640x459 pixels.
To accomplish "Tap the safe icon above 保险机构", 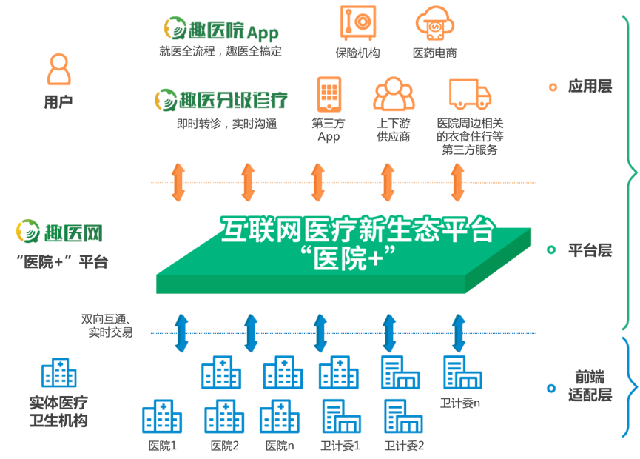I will tap(357, 22).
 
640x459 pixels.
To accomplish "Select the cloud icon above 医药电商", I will tap(434, 24).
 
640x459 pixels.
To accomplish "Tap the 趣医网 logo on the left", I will tap(59, 233).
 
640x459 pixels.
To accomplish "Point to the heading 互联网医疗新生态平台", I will tap(357, 230).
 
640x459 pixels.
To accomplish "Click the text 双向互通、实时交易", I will tap(107, 326).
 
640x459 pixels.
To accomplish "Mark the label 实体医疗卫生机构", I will tap(58, 412).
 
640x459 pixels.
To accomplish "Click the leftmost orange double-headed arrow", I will tap(178, 182).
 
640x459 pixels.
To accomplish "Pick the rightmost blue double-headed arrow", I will tap(459, 333).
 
